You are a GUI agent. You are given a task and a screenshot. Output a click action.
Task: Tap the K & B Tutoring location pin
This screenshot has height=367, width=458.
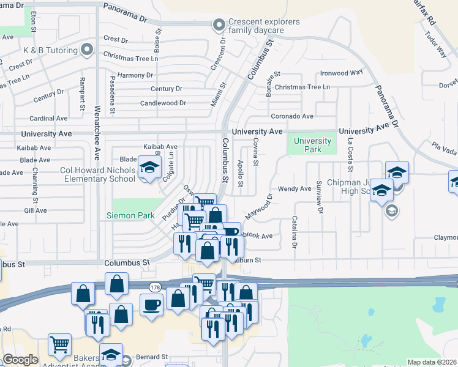[x=87, y=50]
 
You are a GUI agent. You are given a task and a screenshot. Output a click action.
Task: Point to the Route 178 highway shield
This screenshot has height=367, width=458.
[x=154, y=287]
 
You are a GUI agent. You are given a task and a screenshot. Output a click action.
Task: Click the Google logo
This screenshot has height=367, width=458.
[x=20, y=360]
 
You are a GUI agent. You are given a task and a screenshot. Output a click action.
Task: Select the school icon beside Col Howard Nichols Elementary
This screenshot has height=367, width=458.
[x=148, y=167]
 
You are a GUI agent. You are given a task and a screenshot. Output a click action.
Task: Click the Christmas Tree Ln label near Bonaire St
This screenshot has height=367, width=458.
[x=302, y=87]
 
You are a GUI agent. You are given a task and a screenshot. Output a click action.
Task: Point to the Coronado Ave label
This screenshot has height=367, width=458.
[x=293, y=116]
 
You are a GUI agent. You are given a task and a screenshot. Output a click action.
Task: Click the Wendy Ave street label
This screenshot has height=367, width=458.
[x=295, y=189]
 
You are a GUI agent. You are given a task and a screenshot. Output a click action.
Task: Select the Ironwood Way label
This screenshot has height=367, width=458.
[x=342, y=72]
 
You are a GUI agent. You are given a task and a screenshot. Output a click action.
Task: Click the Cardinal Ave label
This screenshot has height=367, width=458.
[x=48, y=118]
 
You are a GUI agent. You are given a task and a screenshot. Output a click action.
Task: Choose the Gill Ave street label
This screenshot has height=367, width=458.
[x=36, y=210]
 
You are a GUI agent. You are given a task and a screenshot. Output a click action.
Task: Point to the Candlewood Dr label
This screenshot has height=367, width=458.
[x=163, y=103]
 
